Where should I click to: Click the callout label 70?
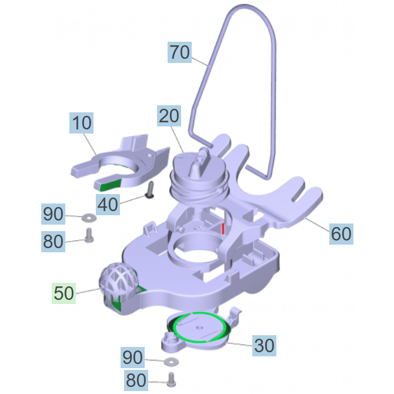tap(179, 52)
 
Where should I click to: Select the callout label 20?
tap(169, 116)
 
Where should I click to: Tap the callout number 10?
tap(81, 123)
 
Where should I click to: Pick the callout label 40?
tap(108, 205)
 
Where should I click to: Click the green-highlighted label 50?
tap(64, 293)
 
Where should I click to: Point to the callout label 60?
tap(341, 234)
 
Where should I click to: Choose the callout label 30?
tap(264, 346)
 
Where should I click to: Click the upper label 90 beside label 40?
tap(53, 214)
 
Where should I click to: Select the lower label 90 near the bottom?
tap(132, 358)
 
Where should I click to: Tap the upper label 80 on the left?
tap(53, 242)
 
